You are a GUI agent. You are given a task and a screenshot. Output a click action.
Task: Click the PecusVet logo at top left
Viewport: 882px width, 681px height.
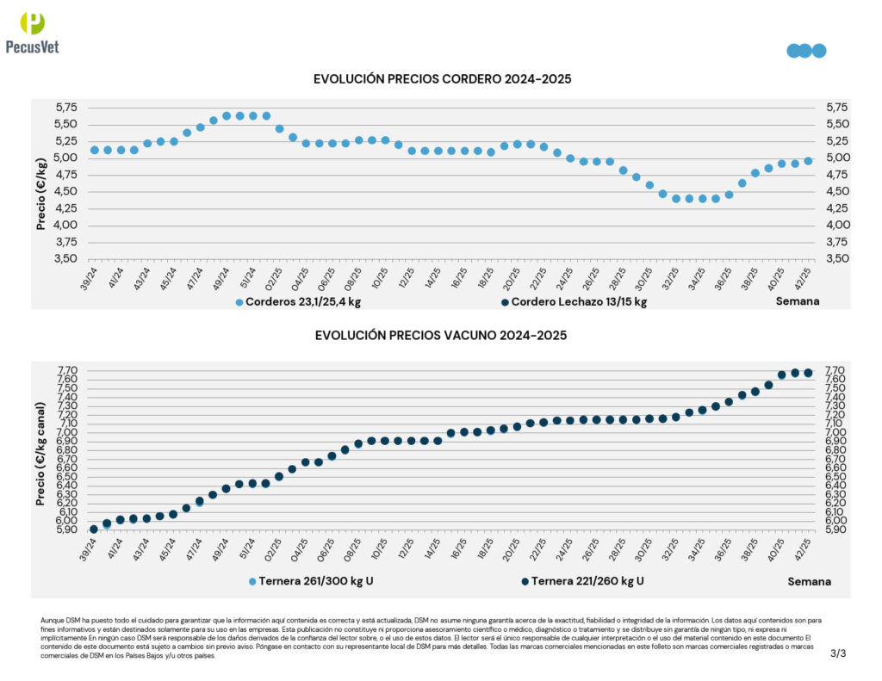32,34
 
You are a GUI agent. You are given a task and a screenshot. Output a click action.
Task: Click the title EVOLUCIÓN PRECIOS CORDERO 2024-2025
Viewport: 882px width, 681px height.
442,79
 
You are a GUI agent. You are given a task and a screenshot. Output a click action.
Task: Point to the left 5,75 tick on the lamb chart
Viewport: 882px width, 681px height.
65,108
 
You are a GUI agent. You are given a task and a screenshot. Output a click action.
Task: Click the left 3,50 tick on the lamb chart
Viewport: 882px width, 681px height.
65,259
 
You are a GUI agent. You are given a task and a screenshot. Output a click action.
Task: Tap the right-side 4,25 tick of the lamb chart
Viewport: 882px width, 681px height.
837,208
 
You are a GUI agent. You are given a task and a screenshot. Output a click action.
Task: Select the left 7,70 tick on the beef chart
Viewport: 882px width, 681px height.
67,370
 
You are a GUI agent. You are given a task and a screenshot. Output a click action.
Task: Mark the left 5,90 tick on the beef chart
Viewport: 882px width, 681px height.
67,529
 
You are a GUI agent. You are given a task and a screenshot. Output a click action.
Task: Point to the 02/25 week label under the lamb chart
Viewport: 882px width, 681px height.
274,276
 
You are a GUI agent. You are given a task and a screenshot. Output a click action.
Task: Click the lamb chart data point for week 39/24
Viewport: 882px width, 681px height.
95,150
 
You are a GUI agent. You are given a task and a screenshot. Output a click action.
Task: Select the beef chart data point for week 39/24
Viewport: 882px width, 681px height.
94,529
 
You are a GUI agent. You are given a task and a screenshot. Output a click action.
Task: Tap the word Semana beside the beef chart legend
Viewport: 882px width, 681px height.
809,581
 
